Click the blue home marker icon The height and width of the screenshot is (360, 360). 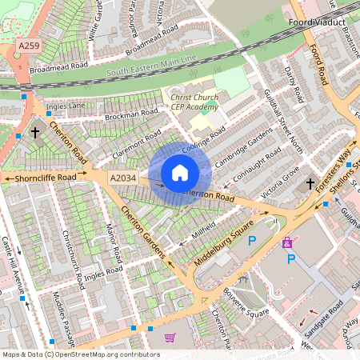[180, 172]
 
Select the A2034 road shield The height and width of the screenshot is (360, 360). [123, 178]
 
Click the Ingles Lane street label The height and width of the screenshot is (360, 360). [66, 106]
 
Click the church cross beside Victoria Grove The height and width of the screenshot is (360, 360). [310, 184]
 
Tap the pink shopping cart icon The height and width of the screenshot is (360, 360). [170, 338]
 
